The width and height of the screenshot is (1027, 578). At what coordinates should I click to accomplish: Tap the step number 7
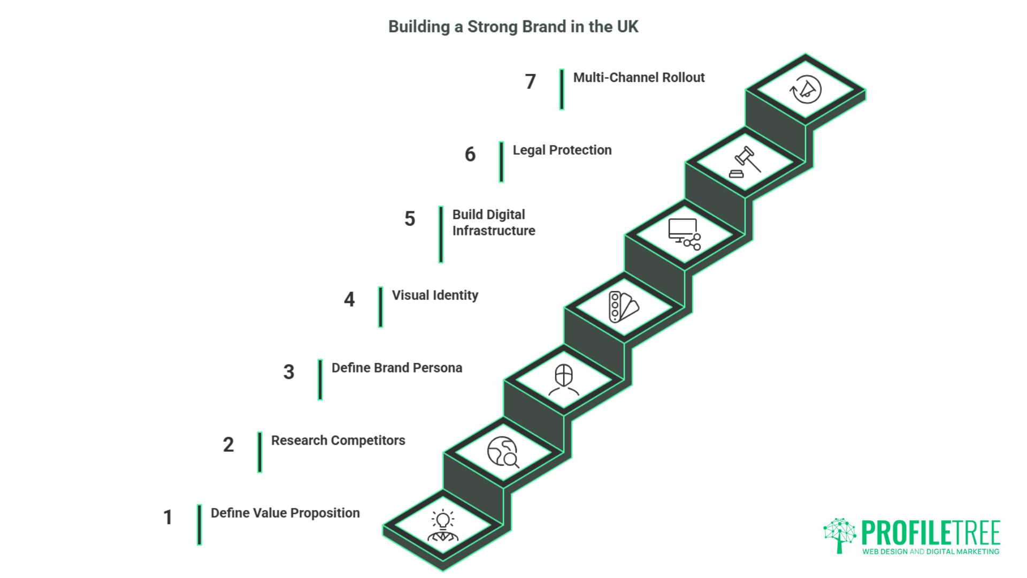click(530, 82)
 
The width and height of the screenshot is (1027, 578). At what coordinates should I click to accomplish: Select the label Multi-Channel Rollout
click(639, 78)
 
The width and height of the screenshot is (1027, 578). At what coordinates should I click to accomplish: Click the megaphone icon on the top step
click(806, 89)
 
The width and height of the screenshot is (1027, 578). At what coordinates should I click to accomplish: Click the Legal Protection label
click(562, 150)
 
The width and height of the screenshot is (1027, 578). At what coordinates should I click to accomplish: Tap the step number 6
click(470, 155)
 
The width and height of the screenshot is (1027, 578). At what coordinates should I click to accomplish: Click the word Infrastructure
click(493, 231)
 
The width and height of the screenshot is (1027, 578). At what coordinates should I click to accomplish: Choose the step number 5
click(410, 219)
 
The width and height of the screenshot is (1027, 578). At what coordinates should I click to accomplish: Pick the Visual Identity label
click(435, 295)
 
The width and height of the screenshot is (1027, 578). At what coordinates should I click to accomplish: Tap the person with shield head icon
click(564, 379)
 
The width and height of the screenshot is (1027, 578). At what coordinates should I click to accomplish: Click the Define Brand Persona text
click(396, 368)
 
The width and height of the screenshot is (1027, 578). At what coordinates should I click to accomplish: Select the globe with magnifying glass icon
click(503, 452)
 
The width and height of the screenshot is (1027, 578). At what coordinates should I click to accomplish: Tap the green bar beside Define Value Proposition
click(199, 524)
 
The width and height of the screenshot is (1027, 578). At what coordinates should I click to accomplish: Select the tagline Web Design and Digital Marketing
click(930, 551)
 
